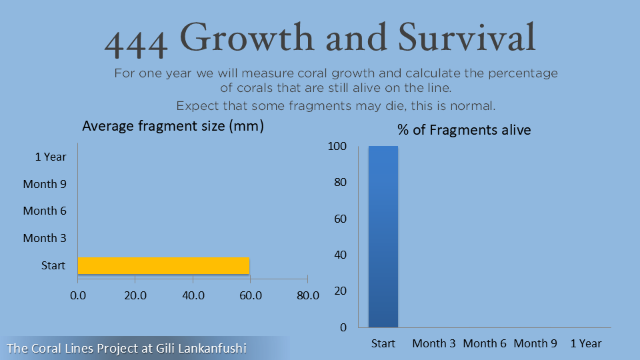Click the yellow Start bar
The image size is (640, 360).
point(164,266)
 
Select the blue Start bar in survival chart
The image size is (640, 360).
point(383,237)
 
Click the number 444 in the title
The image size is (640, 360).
point(136,44)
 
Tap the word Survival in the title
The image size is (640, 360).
point(467,37)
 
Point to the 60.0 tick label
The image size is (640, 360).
point(251,295)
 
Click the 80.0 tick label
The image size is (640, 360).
point(308,295)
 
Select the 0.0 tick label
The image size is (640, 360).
point(78,295)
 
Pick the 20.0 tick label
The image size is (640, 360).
point(135,295)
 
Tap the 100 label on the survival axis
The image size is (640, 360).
point(337,146)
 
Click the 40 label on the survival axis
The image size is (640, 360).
point(341,255)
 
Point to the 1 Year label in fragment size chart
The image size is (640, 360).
point(51,157)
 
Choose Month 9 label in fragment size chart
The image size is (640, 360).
point(45,184)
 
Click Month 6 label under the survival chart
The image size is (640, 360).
point(485,344)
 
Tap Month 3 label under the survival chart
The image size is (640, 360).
point(434,344)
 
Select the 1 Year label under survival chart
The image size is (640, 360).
point(586,344)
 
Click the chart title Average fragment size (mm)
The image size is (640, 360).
point(173,126)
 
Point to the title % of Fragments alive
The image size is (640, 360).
point(464,130)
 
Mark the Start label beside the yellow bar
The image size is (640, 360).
point(53,266)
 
